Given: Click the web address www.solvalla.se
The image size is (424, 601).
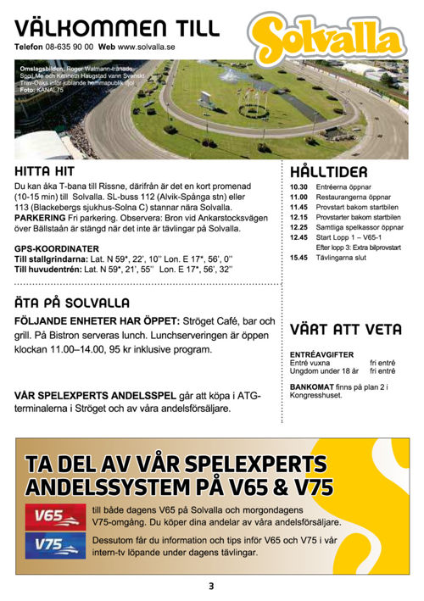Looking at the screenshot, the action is (x=146, y=47).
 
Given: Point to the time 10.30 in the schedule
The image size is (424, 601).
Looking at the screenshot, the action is (x=298, y=186).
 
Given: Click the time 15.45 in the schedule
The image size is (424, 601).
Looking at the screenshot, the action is (x=298, y=258).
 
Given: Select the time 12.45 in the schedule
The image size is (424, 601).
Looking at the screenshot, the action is (x=298, y=237).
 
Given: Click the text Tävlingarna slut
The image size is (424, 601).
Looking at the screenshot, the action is (x=341, y=258).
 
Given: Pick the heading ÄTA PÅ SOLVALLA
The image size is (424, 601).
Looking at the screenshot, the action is (x=72, y=303).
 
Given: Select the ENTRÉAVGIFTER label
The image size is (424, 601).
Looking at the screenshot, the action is (x=321, y=354).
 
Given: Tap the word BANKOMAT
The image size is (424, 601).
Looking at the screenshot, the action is (x=311, y=387).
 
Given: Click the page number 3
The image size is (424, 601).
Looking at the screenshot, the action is (x=211, y=586).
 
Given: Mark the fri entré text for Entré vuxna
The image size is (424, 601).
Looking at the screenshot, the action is (x=383, y=363).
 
